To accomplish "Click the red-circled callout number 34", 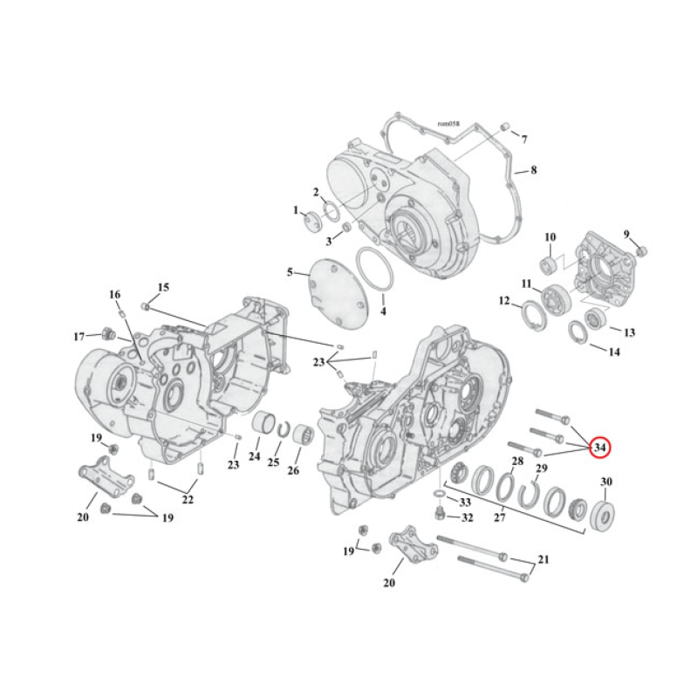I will [x=599, y=448].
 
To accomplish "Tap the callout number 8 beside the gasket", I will [x=532, y=170].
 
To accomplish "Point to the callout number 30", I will [x=606, y=482].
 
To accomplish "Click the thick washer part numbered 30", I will [x=603, y=514].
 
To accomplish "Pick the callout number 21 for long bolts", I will [x=544, y=559].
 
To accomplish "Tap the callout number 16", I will [x=114, y=295].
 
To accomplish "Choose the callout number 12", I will [x=504, y=301].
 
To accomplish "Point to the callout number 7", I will [x=524, y=139].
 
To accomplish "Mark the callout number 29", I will [x=541, y=470].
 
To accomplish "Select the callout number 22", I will [x=188, y=499].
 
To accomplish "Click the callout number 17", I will [x=79, y=337].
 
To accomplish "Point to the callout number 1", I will [x=297, y=210].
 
